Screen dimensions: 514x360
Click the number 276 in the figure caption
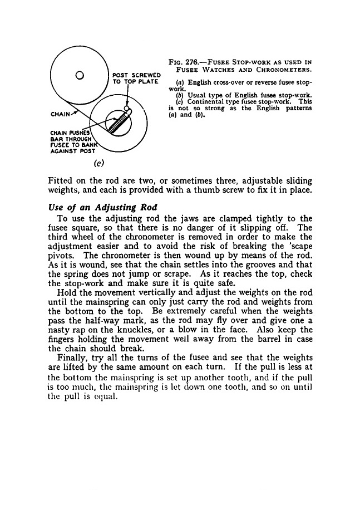[194, 62]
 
